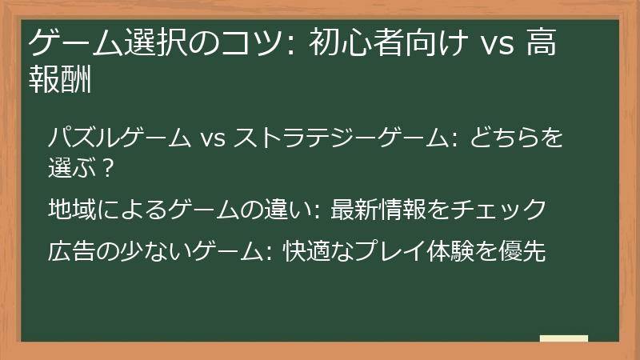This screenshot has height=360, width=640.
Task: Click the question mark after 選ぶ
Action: click(x=108, y=169)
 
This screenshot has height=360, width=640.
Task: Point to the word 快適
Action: click(x=304, y=250)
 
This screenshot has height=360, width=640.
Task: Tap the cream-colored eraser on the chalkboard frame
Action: click(x=563, y=339)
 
